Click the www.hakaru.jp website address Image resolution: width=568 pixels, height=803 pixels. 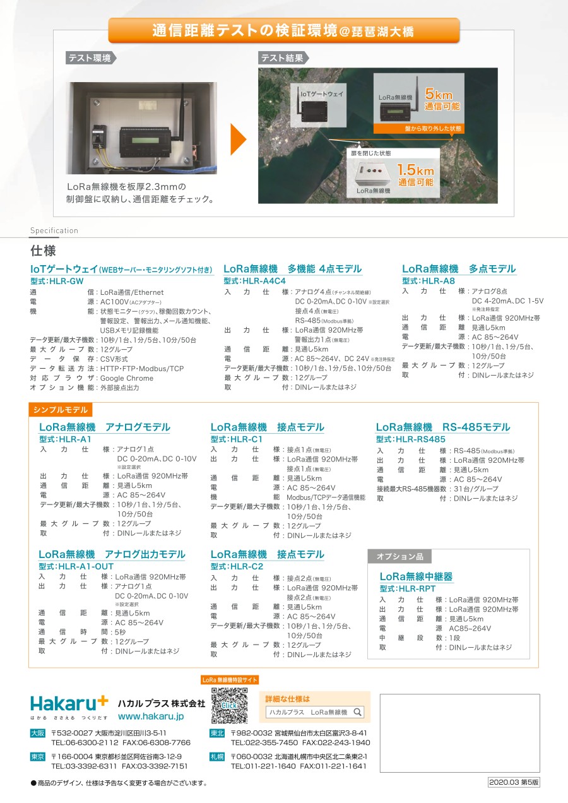click(x=151, y=717)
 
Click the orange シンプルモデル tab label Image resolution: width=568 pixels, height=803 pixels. click(x=61, y=410)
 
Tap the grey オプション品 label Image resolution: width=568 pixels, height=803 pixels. click(x=400, y=556)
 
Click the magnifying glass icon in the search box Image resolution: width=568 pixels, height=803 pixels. click(x=357, y=712)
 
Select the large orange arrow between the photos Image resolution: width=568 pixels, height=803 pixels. click(x=238, y=139)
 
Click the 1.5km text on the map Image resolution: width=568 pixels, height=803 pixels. click(x=415, y=170)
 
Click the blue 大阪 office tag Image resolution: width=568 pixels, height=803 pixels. click(x=38, y=734)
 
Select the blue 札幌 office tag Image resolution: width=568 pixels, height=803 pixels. click(x=216, y=756)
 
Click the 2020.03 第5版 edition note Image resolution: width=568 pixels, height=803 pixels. click(x=514, y=782)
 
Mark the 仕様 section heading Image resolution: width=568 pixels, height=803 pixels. click(x=43, y=249)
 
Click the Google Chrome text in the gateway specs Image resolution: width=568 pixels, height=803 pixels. click(x=127, y=378)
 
